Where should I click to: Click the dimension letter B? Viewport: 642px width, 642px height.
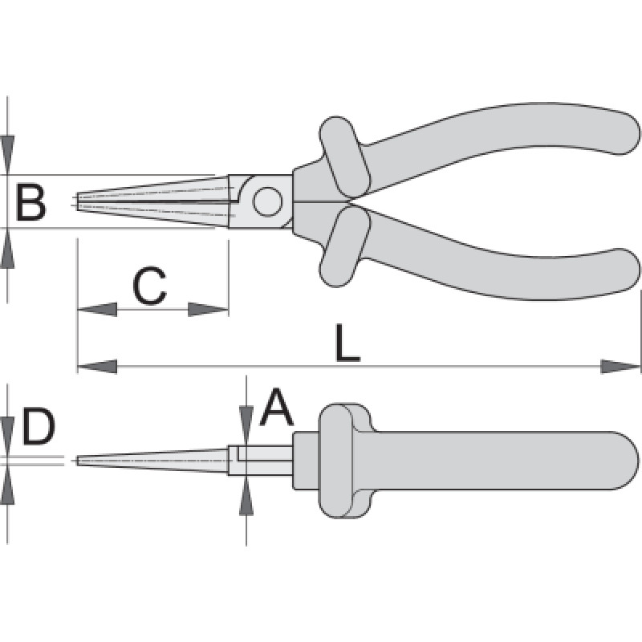30,202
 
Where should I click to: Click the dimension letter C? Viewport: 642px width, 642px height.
150,286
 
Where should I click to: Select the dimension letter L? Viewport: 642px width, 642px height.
347,343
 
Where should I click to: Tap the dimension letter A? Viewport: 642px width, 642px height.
277,407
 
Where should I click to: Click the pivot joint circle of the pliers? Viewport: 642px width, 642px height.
267,202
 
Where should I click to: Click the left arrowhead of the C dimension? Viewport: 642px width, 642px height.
97,310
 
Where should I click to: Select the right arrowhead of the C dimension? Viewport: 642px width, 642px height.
208,310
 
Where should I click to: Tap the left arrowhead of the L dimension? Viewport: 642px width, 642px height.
97,367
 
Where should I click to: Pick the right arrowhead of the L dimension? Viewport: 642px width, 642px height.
620,367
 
